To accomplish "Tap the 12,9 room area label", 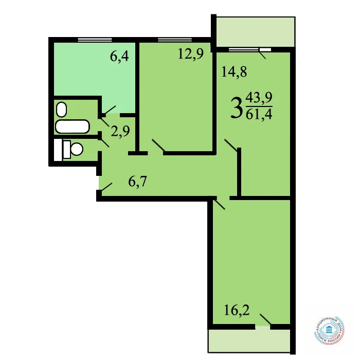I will click(188, 53).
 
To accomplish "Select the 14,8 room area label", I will click(234, 72).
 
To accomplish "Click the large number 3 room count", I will click(236, 109).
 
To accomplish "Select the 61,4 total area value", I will click(260, 113).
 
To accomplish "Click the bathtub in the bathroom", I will click(73, 126).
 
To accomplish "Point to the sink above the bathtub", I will click(62, 109).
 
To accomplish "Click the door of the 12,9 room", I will click(157, 147).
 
